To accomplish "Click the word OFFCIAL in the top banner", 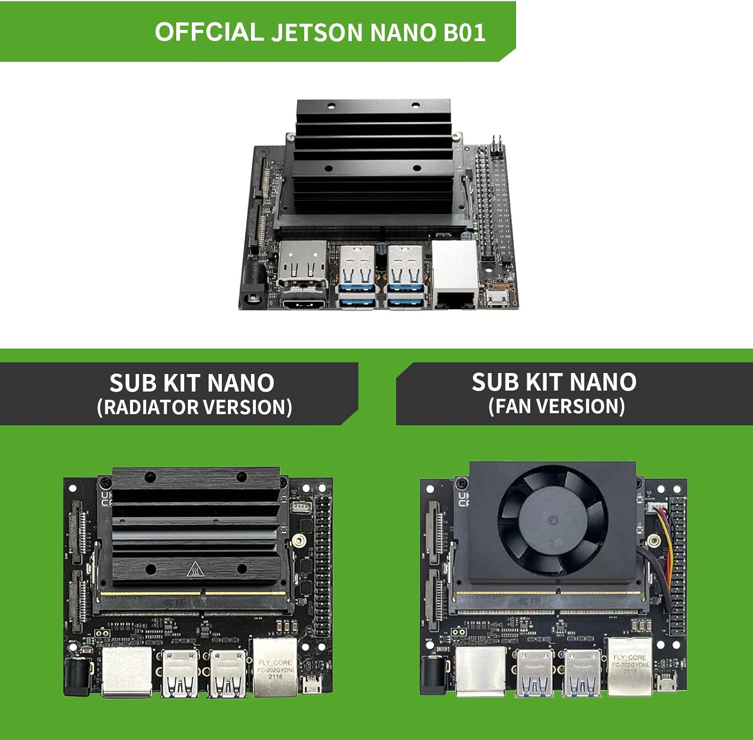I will [209, 32].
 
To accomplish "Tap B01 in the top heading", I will [464, 32].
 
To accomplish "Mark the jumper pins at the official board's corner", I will [496, 146].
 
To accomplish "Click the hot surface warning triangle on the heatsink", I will [195, 569].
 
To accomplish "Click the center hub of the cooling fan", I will [552, 521].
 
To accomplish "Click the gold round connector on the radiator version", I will [299, 541].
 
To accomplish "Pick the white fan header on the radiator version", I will [300, 506].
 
